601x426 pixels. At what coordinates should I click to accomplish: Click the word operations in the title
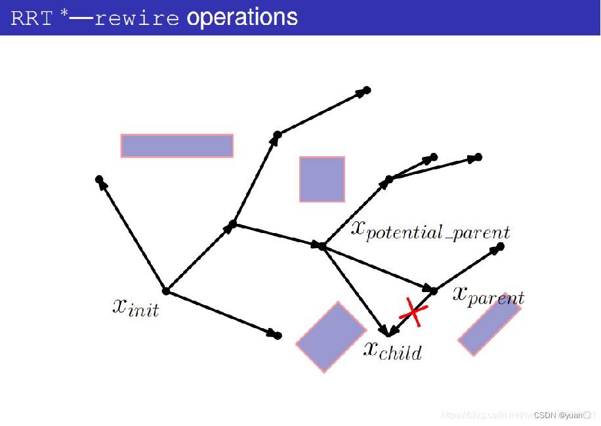(242, 18)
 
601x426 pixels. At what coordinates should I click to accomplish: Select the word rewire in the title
(136, 18)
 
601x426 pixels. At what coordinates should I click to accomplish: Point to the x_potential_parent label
(430, 230)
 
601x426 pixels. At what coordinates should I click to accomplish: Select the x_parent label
(488, 297)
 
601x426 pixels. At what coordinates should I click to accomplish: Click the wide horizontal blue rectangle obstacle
(177, 146)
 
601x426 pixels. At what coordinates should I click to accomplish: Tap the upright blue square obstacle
(322, 179)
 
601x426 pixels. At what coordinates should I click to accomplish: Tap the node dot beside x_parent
(434, 290)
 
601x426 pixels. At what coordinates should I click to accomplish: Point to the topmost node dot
(367, 90)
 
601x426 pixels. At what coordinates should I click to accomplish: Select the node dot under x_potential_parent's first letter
(322, 246)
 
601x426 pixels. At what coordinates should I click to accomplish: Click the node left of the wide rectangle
(99, 179)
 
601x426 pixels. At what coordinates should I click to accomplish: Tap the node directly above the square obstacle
(278, 135)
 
